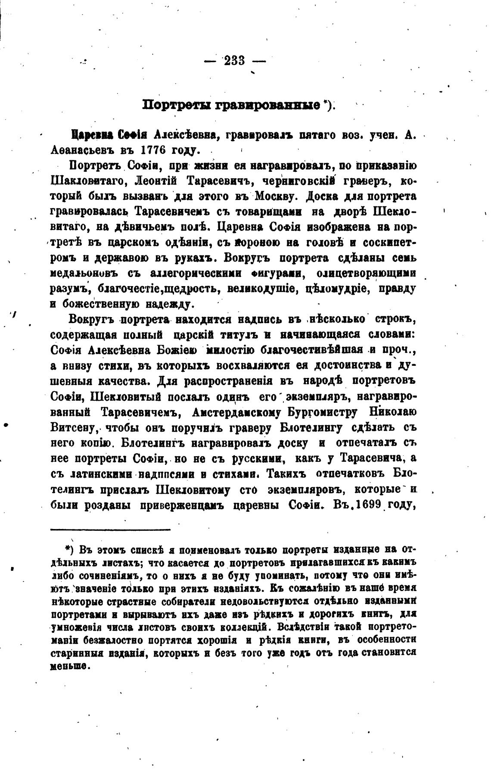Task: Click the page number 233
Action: [235, 61]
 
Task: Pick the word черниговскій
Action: [300, 181]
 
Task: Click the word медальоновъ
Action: [86, 273]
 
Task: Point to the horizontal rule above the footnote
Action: [110, 529]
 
